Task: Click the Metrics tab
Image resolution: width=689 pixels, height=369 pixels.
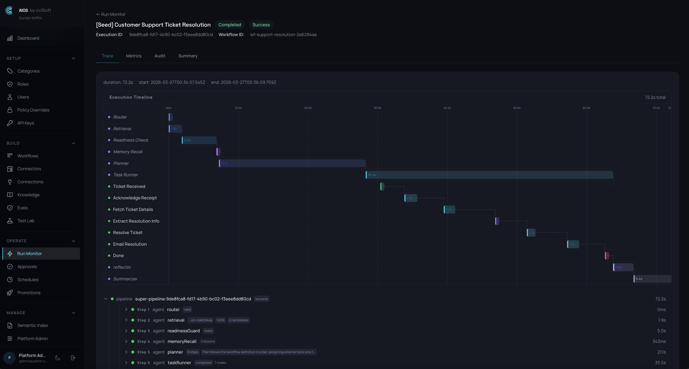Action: [x=134, y=56]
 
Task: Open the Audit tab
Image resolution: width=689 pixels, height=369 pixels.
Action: [x=160, y=56]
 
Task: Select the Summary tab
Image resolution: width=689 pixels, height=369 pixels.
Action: [x=188, y=56]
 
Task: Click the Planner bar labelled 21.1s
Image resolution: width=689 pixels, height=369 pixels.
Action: [x=292, y=163]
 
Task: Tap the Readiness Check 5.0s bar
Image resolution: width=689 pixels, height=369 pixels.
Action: [x=199, y=140]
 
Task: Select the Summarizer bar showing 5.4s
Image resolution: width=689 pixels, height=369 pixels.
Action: [x=652, y=279]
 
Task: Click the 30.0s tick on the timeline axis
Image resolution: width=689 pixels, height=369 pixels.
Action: [x=377, y=108]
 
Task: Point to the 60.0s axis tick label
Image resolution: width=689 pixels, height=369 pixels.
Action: [x=586, y=108]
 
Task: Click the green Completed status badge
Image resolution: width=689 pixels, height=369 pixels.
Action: [x=229, y=25]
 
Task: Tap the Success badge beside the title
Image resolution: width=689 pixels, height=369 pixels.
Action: [x=261, y=25]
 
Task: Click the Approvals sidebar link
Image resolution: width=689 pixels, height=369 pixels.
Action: [x=27, y=267]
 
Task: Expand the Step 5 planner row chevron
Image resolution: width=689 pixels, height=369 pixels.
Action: [x=126, y=352]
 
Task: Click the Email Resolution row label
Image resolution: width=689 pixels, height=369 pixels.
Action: [x=130, y=244]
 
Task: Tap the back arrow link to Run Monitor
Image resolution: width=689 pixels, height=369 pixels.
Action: [x=111, y=14]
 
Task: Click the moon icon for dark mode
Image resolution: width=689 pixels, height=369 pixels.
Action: [x=58, y=358]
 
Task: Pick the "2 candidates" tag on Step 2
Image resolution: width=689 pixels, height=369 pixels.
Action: [x=238, y=320]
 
